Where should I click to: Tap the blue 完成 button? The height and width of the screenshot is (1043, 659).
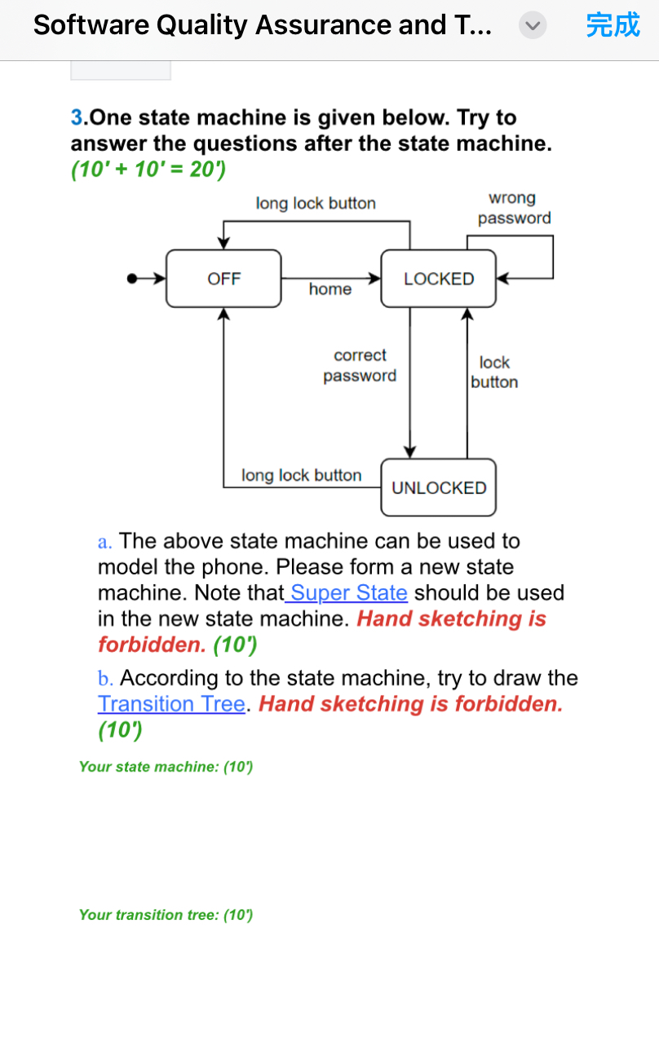click(613, 25)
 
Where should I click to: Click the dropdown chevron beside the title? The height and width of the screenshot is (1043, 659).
click(531, 26)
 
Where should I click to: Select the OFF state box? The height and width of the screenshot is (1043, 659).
click(223, 279)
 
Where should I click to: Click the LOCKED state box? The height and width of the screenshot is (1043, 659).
click(439, 279)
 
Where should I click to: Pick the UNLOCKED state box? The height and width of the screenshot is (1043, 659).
click(439, 487)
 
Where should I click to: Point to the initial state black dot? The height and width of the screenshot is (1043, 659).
click(131, 279)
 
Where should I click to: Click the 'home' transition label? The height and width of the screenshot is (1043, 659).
click(330, 289)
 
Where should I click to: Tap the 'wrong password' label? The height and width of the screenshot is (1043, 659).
click(514, 208)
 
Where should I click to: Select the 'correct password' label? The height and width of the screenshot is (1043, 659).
click(360, 365)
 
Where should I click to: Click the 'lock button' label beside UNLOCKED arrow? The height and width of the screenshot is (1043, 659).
click(494, 372)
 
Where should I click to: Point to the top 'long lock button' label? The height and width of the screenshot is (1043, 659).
click(316, 203)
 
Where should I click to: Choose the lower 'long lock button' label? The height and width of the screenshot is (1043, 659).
click(301, 475)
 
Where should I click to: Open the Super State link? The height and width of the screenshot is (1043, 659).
click(348, 592)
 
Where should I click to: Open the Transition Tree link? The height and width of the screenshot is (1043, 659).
click(171, 703)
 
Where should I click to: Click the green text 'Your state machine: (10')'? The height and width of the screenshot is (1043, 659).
click(166, 767)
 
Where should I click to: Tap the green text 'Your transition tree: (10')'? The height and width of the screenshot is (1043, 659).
click(166, 915)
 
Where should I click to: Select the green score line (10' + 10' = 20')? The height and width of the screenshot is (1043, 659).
click(148, 170)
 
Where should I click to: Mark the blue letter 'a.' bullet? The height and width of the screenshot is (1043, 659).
click(105, 541)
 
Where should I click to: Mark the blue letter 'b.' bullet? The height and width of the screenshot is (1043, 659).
click(105, 678)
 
